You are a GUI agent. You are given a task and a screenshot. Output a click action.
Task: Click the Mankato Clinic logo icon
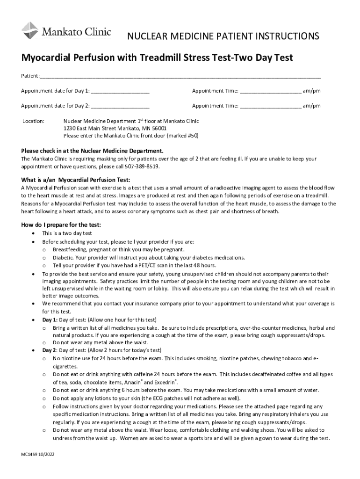tap(30, 30)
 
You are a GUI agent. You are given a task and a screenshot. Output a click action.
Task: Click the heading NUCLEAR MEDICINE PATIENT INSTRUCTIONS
tap(223, 36)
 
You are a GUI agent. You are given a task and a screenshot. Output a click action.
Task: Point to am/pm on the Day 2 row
tap(311, 106)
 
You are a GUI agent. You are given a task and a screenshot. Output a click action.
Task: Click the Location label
tap(33, 121)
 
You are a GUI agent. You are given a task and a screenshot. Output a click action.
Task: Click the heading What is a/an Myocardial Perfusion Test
tap(76, 180)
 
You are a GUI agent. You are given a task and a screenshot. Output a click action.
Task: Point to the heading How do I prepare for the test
tap(61, 225)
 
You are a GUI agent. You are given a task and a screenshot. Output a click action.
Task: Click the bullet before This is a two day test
tap(32, 233)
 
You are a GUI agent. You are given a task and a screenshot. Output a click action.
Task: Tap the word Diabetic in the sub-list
tap(63, 258)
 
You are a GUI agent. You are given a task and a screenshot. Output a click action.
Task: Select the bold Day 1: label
tap(50, 320)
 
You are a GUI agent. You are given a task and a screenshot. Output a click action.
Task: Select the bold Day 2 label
tap(50, 350)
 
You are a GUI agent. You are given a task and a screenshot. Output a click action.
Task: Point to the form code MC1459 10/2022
tap(40, 454)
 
